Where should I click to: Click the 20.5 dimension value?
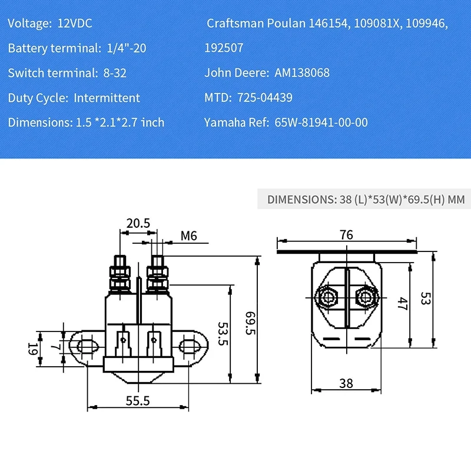click(x=138, y=223)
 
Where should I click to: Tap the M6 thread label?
click(x=188, y=236)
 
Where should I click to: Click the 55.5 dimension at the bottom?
click(x=138, y=400)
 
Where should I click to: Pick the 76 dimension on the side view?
click(x=346, y=235)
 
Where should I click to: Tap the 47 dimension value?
click(x=403, y=304)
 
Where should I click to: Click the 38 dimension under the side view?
click(x=346, y=383)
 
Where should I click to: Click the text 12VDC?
click(x=75, y=24)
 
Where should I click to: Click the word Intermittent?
click(x=107, y=98)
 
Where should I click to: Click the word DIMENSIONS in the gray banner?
click(x=301, y=200)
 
